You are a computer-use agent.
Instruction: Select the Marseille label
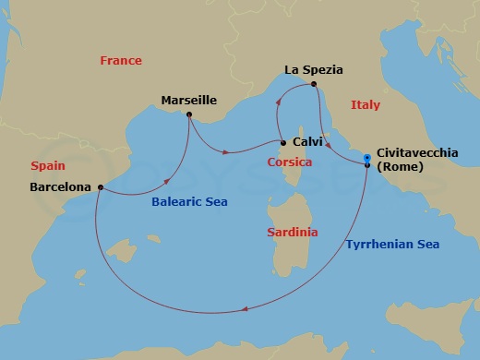[x=189, y=99]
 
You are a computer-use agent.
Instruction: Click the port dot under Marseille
[x=189, y=114]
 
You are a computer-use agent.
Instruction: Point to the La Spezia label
[x=314, y=69]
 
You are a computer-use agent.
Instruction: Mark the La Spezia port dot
[x=315, y=84]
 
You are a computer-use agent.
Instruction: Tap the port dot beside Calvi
[x=283, y=142]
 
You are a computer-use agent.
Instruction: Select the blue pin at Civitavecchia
[x=367, y=159]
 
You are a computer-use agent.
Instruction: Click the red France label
[x=121, y=61]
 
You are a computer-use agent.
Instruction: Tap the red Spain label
[x=47, y=166]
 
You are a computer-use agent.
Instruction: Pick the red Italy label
[x=366, y=105]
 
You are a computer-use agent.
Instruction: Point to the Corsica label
[x=289, y=162]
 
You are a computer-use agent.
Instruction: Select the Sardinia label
[x=292, y=233]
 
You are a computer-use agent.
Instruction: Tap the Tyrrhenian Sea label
[x=392, y=245]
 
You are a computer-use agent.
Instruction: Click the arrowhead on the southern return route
[x=242, y=311]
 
